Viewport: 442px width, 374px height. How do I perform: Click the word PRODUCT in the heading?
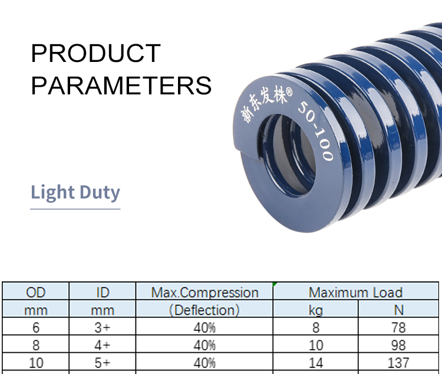pyautogui.click(x=96, y=53)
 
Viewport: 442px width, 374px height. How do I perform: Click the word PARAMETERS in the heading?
pyautogui.click(x=121, y=86)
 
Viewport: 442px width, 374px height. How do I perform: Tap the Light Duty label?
pyautogui.click(x=75, y=192)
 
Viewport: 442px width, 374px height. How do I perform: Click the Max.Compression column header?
pyautogui.click(x=204, y=292)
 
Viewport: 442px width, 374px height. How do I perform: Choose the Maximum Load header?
pyautogui.click(x=355, y=292)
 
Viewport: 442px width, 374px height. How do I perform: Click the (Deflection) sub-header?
pyautogui.click(x=204, y=310)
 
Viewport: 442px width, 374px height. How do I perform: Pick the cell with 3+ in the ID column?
pyautogui.click(x=103, y=327)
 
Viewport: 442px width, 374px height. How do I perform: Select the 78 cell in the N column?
pyautogui.click(x=398, y=327)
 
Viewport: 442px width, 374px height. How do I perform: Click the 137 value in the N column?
pyautogui.click(x=398, y=362)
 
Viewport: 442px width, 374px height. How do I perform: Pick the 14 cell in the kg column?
pyautogui.click(x=316, y=362)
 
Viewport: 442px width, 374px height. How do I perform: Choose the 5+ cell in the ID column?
pyautogui.click(x=103, y=362)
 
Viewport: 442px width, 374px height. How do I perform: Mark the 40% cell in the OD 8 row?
pyautogui.click(x=204, y=345)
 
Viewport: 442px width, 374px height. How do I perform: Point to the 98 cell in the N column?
pyautogui.click(x=398, y=345)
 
